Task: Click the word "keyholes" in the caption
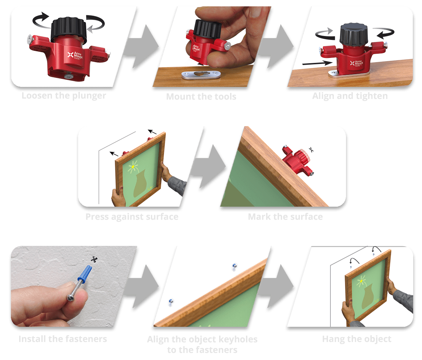(238, 340)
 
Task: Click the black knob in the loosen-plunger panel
(69, 30)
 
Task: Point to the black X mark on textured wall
(94, 260)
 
